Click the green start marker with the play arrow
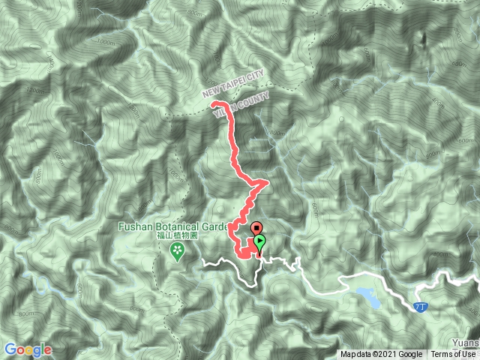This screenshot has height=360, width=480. click(260, 241)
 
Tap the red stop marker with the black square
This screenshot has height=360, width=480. click(256, 228)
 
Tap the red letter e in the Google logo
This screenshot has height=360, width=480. click(48, 350)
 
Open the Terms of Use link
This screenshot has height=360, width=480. click(453, 355)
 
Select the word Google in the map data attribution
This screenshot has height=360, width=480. click(410, 355)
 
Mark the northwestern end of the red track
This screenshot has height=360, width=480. click(214, 103)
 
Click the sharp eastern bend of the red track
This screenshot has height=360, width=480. click(266, 182)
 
